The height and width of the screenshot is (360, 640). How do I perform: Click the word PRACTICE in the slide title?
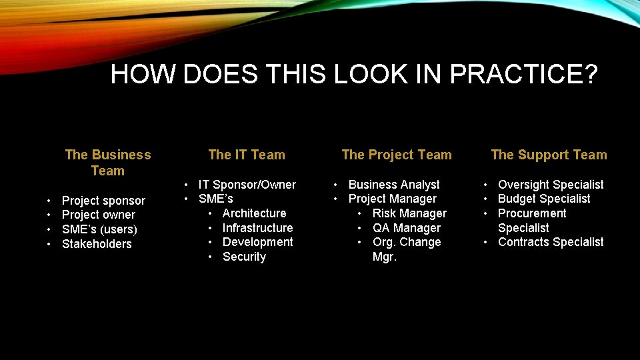[x=523, y=74]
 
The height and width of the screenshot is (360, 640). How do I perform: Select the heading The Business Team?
[x=108, y=163]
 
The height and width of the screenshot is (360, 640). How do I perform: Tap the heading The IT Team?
[x=247, y=155]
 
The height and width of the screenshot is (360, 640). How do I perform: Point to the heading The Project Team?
[x=397, y=155]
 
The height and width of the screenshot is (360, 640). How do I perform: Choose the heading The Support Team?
[x=549, y=155]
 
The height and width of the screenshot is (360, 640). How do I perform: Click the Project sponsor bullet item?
[x=103, y=200]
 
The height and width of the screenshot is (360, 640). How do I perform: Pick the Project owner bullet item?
[x=99, y=215]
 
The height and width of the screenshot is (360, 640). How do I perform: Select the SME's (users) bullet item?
[x=99, y=229]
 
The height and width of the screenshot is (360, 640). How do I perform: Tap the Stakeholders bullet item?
[x=97, y=244]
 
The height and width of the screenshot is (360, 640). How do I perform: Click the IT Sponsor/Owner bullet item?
[x=247, y=184]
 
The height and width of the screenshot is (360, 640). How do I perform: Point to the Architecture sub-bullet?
[x=254, y=213]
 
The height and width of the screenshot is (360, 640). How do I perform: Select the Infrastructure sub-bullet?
[x=257, y=228]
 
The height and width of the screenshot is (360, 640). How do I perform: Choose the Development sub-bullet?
[x=257, y=242]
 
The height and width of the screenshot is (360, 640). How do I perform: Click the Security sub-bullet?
[x=244, y=257]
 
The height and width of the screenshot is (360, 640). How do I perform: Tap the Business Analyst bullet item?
[x=394, y=184]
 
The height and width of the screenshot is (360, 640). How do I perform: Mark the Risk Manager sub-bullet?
[x=409, y=213]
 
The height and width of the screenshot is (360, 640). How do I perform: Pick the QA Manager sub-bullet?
[x=407, y=228]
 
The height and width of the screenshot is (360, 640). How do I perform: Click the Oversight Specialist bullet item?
[x=551, y=184]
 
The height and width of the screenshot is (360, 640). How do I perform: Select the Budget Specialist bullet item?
[x=544, y=199]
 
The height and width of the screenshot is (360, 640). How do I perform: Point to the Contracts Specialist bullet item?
[x=551, y=242]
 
